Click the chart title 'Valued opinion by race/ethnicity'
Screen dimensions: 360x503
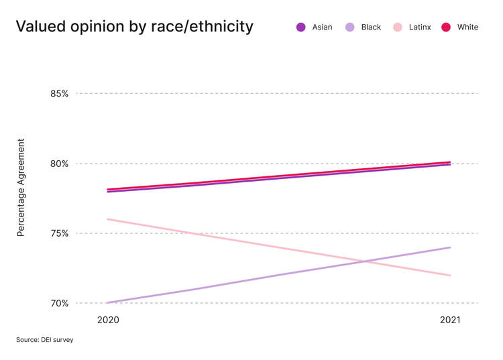point(134,27)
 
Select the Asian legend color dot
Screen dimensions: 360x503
point(300,27)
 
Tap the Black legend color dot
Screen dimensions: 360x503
point(349,27)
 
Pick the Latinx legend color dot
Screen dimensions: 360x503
point(398,27)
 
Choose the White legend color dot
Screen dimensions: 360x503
point(446,27)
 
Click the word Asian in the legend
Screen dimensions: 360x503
point(322,27)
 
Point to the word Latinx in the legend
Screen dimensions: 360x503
point(420,27)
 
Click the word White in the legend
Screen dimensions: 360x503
point(467,27)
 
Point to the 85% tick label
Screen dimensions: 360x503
point(59,94)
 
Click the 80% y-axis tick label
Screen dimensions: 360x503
point(59,164)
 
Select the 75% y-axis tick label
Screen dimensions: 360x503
point(59,233)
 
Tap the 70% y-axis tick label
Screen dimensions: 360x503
point(59,303)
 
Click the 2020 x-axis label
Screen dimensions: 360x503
point(108,320)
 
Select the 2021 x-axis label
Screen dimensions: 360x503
point(450,320)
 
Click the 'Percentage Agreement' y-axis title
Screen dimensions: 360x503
point(21,188)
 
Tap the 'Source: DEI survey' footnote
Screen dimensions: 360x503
point(45,340)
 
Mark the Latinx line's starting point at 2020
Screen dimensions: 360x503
point(108,219)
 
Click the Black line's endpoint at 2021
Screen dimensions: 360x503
point(450,247)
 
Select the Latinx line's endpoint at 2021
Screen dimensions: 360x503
point(450,275)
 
